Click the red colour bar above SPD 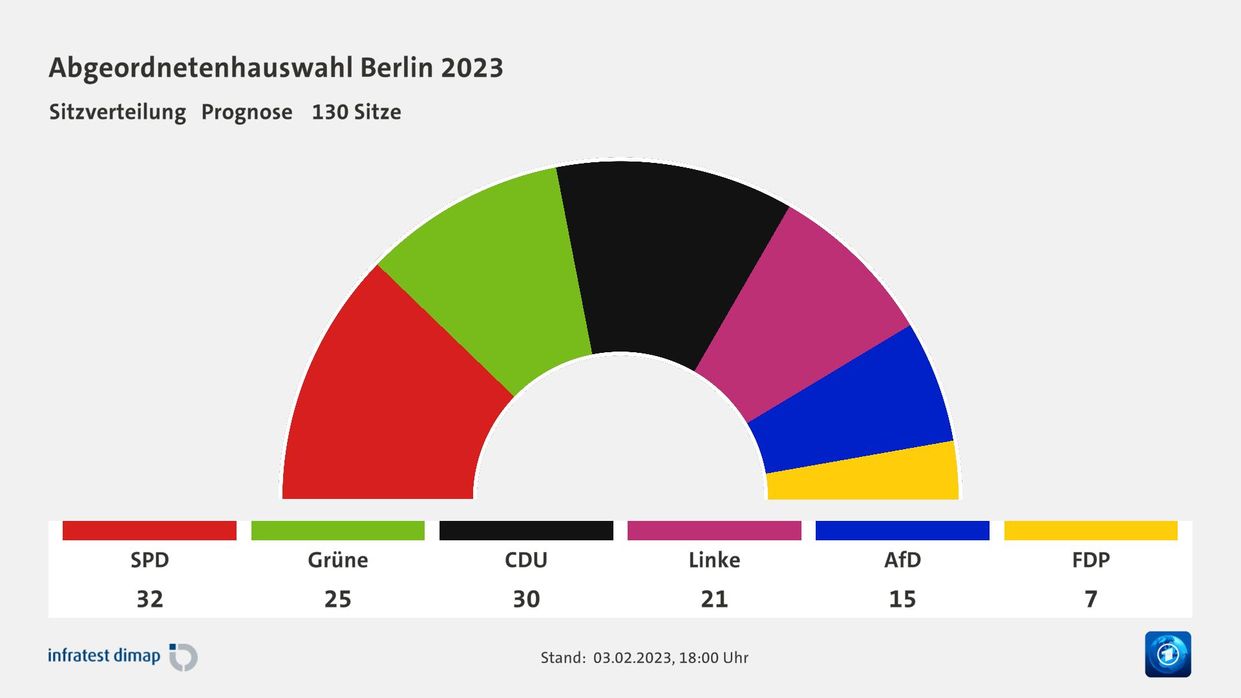tap(149, 531)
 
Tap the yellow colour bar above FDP tap(1090, 531)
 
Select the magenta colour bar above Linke tap(714, 531)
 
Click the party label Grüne tap(337, 560)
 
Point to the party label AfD tap(902, 560)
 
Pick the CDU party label tap(526, 560)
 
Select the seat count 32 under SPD tap(149, 599)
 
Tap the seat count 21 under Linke tap(714, 599)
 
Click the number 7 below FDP tap(1090, 599)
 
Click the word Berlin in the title tap(397, 68)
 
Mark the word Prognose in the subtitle tap(247, 112)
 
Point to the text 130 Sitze tap(356, 112)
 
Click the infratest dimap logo tap(123, 657)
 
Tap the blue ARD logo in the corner tap(1168, 654)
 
